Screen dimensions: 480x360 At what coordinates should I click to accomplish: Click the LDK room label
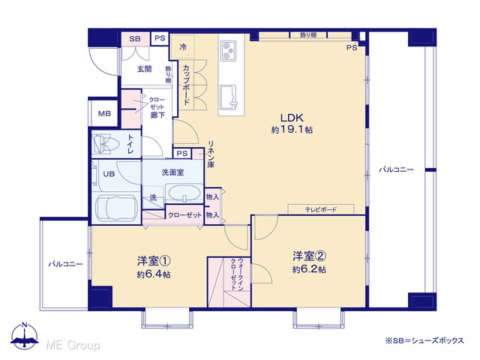pos(292,118)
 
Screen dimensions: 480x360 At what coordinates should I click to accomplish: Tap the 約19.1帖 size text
pos(292,130)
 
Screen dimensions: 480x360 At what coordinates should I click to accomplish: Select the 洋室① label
pos(154,261)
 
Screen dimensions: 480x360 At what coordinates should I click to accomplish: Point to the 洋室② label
pos(309,256)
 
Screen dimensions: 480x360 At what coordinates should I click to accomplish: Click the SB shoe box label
pos(135,39)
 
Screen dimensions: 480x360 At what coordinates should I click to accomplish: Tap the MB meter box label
pos(104,113)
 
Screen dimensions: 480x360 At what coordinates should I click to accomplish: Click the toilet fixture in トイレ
pos(104,143)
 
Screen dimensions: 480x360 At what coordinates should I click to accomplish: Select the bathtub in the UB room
pos(115,208)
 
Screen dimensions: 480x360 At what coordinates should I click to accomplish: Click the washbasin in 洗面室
pos(184,193)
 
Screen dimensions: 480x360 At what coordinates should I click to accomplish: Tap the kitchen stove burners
pos(228,50)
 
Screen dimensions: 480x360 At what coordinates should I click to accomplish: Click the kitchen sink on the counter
pos(228,97)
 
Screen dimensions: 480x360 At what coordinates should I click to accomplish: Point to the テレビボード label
pos(321,210)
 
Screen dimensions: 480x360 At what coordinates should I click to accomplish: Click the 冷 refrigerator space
pos(183,46)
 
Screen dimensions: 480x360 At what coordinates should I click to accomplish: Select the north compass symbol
pos(25,336)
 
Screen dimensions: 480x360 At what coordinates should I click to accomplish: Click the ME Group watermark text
pos(73,345)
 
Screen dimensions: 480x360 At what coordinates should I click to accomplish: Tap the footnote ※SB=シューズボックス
pos(424,340)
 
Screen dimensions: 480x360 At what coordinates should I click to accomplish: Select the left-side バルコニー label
pos(65,264)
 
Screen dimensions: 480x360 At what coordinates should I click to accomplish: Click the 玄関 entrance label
pos(144,69)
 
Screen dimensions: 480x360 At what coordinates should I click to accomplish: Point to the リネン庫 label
pos(211,154)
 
